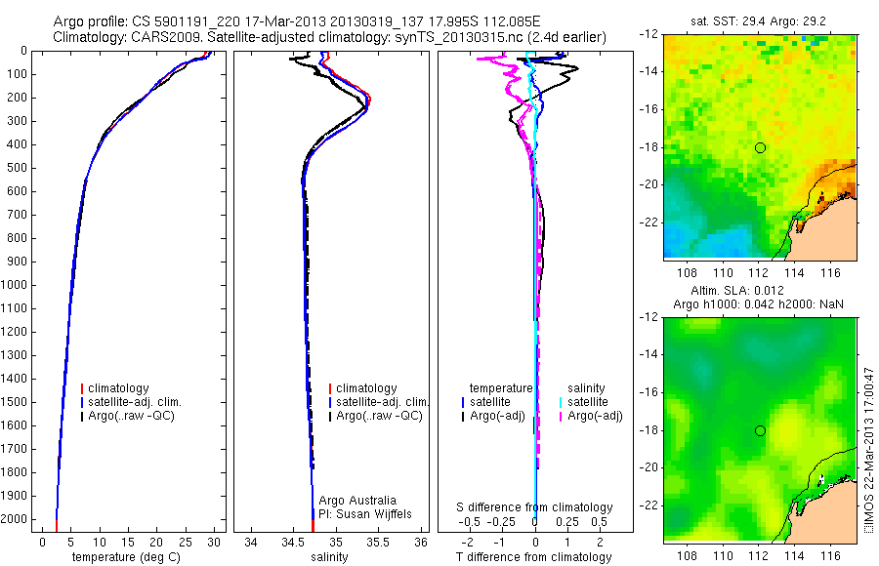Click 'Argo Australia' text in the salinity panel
[x=357, y=501]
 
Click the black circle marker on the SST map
[x=760, y=147]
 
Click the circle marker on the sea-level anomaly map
[x=760, y=430]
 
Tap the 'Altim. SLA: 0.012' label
[x=760, y=292]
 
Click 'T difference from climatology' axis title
[x=535, y=557]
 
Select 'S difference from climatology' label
[x=535, y=507]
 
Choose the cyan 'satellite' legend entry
[x=590, y=402]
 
